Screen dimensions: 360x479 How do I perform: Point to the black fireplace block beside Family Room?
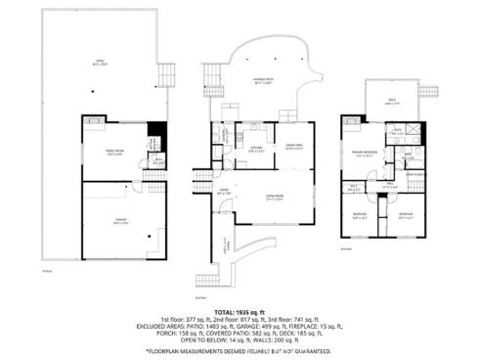pos(152,137)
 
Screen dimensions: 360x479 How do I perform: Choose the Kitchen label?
pos(256,150)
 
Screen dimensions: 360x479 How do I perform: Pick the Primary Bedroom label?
pos(366,154)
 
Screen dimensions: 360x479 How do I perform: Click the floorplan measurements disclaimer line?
pos(239,349)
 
